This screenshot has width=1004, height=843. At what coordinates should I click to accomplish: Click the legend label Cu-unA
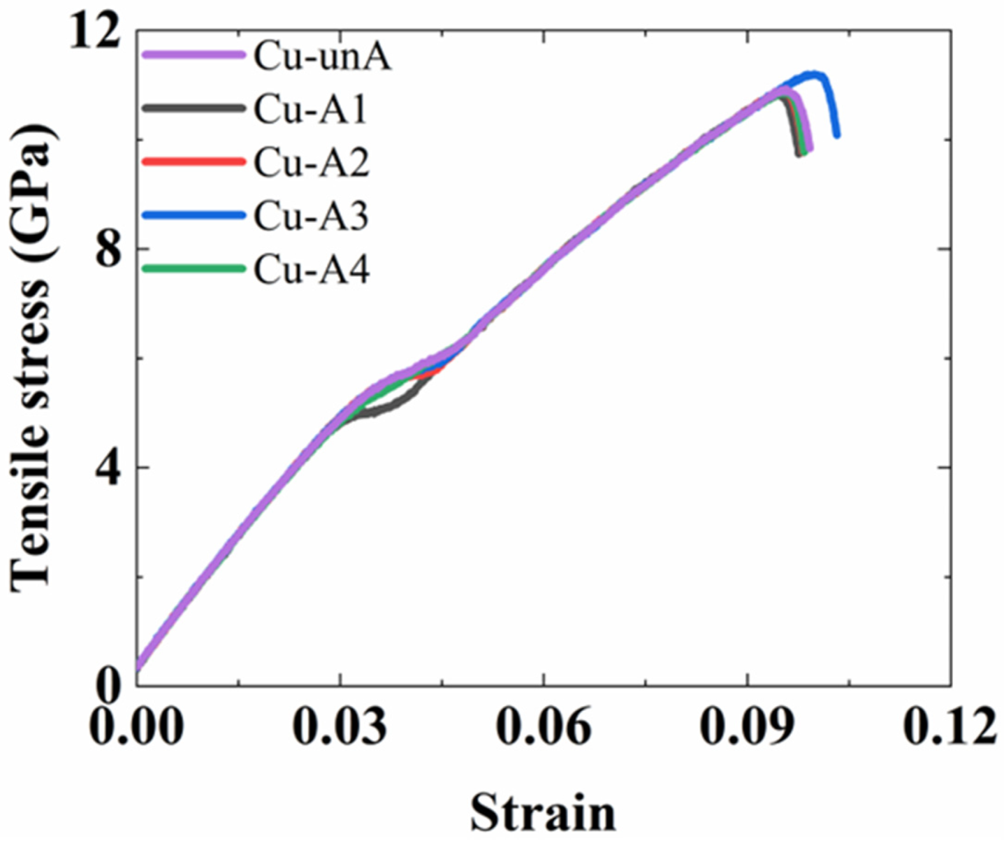(322, 57)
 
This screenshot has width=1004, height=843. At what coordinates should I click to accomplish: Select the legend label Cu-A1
(311, 109)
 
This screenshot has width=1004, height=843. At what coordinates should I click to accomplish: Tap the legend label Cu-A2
(311, 162)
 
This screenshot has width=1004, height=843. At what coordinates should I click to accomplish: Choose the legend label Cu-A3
(311, 216)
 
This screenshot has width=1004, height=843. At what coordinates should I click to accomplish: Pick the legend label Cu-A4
(311, 270)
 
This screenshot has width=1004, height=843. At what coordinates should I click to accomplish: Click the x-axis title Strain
(543, 812)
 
